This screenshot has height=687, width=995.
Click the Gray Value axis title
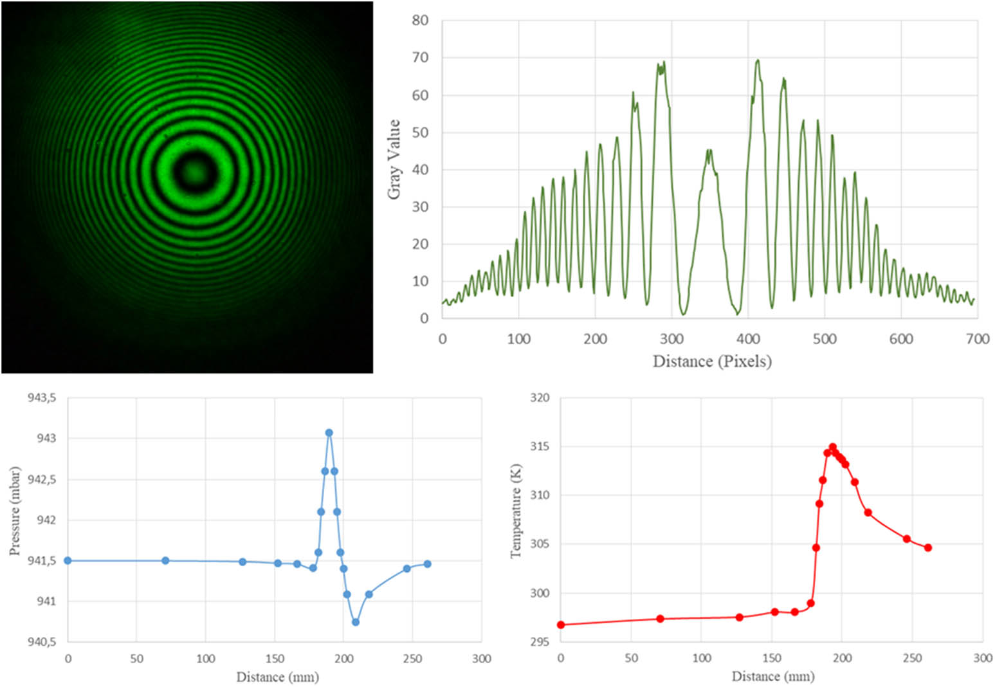394,159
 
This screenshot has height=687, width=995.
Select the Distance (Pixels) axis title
712,361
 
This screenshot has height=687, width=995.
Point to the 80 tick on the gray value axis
420,21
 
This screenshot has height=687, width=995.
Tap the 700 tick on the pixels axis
977,339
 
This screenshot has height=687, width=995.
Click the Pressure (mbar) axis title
15,511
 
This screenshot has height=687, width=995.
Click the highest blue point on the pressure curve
329,433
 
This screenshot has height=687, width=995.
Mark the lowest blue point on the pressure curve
356,622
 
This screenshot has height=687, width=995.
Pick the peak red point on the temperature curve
832,446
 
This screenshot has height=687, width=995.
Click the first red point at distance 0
561,625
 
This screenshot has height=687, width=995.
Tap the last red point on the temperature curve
928,547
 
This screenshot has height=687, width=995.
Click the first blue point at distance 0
68,560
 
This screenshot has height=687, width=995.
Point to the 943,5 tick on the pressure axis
42,398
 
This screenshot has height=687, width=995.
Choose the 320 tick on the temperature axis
540,398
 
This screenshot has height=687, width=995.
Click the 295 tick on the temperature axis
540,642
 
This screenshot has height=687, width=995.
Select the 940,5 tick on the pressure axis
42,642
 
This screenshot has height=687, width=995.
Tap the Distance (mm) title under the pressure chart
277,677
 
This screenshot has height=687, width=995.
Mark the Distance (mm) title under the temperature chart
772,677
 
